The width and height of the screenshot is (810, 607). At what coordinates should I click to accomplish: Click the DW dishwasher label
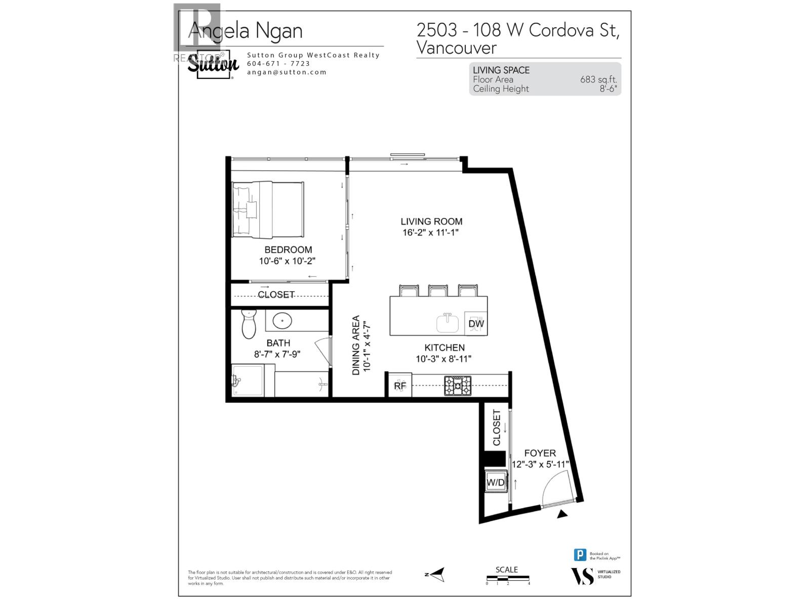(476, 324)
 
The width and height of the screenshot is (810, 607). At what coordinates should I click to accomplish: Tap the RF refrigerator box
(399, 385)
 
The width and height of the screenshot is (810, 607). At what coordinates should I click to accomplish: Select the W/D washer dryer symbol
(496, 483)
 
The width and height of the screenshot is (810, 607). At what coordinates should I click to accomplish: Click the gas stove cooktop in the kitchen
(458, 386)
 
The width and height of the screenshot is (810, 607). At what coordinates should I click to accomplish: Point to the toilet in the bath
(249, 324)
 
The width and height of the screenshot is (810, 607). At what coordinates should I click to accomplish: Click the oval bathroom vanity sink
(282, 321)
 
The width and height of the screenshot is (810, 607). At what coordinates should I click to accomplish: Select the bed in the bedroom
(268, 209)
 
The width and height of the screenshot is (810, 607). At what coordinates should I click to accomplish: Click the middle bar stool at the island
(438, 291)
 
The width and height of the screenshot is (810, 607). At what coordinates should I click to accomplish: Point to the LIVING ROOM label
(431, 222)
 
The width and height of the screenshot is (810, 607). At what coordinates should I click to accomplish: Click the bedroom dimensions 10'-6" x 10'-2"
(287, 261)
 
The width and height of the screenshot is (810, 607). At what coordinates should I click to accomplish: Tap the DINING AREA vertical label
(356, 345)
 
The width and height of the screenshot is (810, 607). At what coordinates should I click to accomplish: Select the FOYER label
(540, 453)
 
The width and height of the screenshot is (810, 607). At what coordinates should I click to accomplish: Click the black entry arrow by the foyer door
(562, 514)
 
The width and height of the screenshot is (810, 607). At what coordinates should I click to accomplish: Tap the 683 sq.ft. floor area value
(598, 79)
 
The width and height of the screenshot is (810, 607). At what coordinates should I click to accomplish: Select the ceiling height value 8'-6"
(608, 89)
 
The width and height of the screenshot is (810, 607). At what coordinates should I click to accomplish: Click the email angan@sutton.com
(287, 72)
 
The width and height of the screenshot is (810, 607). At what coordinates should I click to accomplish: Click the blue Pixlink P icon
(580, 555)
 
